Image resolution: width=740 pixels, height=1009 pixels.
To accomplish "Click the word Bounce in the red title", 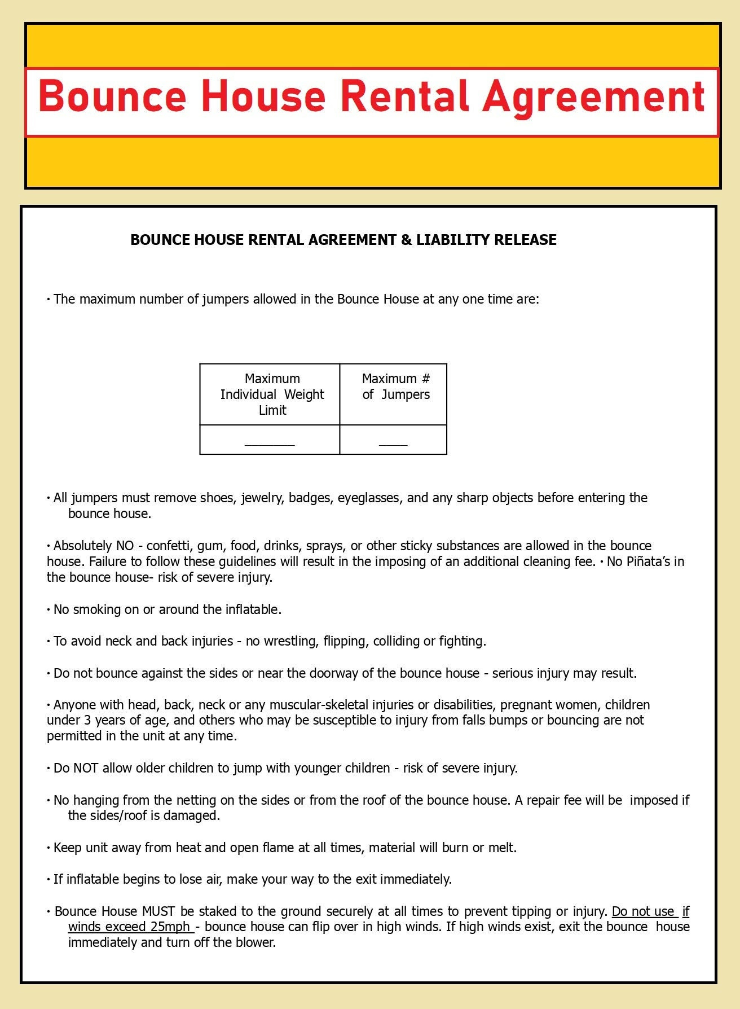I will coord(112,96).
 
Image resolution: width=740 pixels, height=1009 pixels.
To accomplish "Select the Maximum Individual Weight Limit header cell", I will coord(272,394).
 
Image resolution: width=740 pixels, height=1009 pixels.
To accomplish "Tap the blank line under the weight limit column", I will coord(270,444).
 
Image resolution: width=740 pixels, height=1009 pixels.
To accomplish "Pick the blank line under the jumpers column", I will coord(393,444).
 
